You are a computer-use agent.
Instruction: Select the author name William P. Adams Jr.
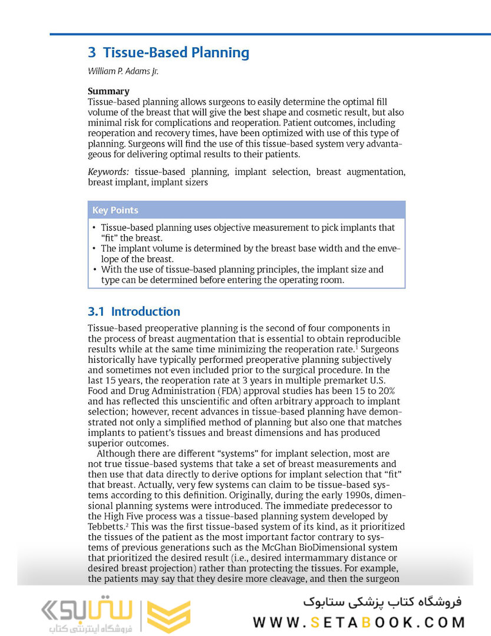[123, 71]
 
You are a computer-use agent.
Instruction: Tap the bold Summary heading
[108, 91]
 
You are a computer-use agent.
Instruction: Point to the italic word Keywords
[108, 172]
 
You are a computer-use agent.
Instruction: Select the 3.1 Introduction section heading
[134, 312]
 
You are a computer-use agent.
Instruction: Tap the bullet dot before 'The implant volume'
[94, 249]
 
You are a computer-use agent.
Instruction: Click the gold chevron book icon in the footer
[168, 615]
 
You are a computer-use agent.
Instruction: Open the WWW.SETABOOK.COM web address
[359, 622]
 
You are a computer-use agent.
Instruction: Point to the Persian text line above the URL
[383, 602]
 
